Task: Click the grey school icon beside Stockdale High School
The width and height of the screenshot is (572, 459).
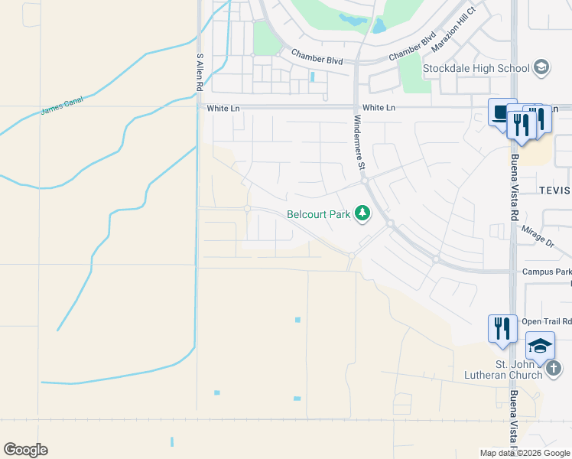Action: [x=542, y=67]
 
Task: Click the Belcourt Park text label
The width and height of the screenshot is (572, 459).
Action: [x=318, y=215]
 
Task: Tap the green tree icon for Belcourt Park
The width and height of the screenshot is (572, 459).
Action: [x=362, y=214]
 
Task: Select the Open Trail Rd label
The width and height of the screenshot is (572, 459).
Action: [x=546, y=321]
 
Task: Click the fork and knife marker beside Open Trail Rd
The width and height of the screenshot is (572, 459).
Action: [x=502, y=327]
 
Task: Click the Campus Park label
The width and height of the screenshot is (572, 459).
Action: [x=546, y=272]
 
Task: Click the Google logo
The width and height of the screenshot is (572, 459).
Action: [x=26, y=450]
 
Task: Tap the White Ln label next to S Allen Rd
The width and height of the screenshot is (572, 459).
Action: [x=223, y=109]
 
